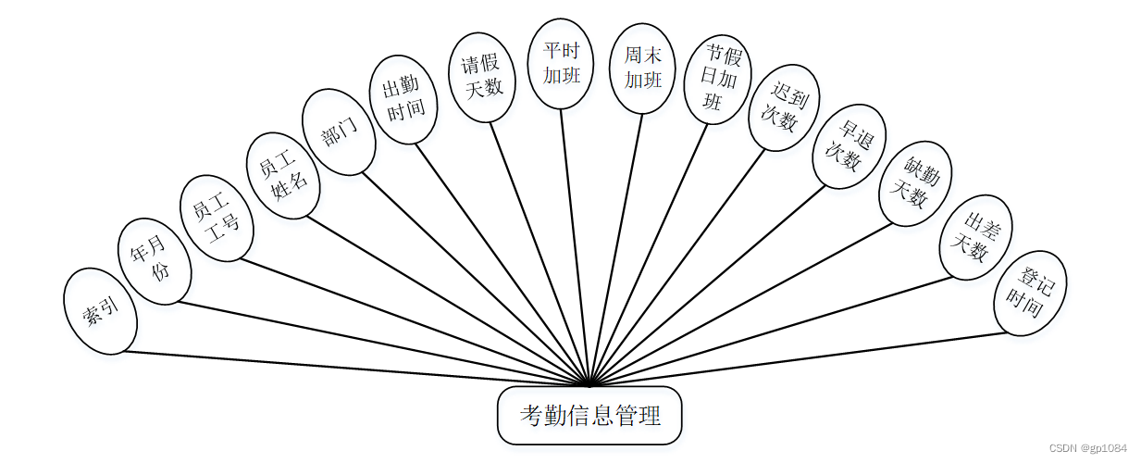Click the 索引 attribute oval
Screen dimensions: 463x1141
(100, 311)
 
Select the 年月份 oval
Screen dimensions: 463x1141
(155, 260)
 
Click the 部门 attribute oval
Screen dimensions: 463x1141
(339, 132)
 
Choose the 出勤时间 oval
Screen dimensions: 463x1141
(403, 99)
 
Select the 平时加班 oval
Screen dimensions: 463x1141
(561, 64)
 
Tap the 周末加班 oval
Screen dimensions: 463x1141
(643, 68)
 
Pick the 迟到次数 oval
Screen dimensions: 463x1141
(784, 107)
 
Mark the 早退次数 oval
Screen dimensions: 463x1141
(849, 146)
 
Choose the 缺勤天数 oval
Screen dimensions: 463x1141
(915, 183)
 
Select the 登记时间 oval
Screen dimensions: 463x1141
(1030, 293)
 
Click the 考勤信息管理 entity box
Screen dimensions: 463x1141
(589, 416)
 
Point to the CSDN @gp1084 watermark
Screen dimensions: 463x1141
(1088, 448)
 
